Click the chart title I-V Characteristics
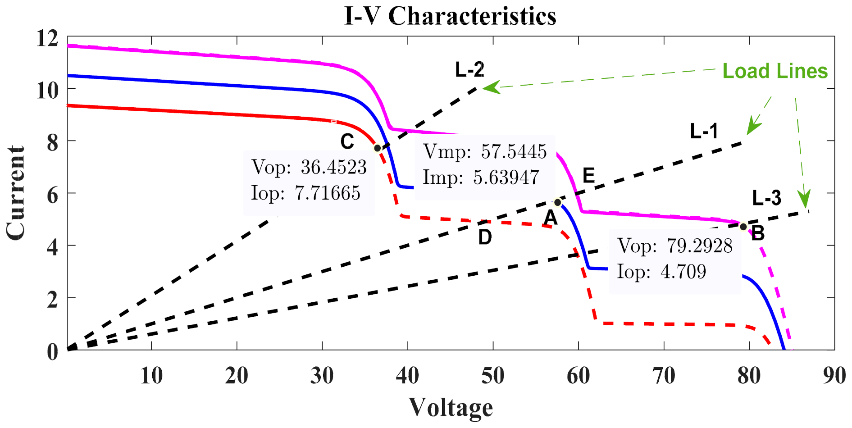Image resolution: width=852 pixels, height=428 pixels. click(450, 16)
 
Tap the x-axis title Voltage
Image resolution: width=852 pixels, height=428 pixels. click(451, 407)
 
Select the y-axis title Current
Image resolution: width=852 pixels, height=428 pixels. click(15, 193)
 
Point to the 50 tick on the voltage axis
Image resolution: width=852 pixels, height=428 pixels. click(493, 376)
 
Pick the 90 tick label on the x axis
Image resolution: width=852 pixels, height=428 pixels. click(834, 376)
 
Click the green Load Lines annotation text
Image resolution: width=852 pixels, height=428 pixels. click(775, 71)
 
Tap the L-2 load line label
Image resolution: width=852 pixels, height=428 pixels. click(469, 69)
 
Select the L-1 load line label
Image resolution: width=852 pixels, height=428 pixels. click(704, 131)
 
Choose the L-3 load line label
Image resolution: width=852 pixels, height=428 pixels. click(766, 198)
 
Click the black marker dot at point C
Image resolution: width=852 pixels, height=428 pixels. click(378, 148)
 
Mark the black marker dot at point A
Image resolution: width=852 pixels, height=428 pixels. click(557, 203)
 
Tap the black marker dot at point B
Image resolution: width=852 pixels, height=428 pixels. click(743, 227)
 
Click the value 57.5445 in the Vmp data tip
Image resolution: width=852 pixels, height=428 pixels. click(514, 152)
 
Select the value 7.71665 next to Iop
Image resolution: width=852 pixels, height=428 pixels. click(328, 193)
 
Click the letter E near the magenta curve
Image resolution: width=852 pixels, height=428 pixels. click(588, 175)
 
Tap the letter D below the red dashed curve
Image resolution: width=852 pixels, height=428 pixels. click(485, 237)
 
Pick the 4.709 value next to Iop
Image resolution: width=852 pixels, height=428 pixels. click(683, 272)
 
